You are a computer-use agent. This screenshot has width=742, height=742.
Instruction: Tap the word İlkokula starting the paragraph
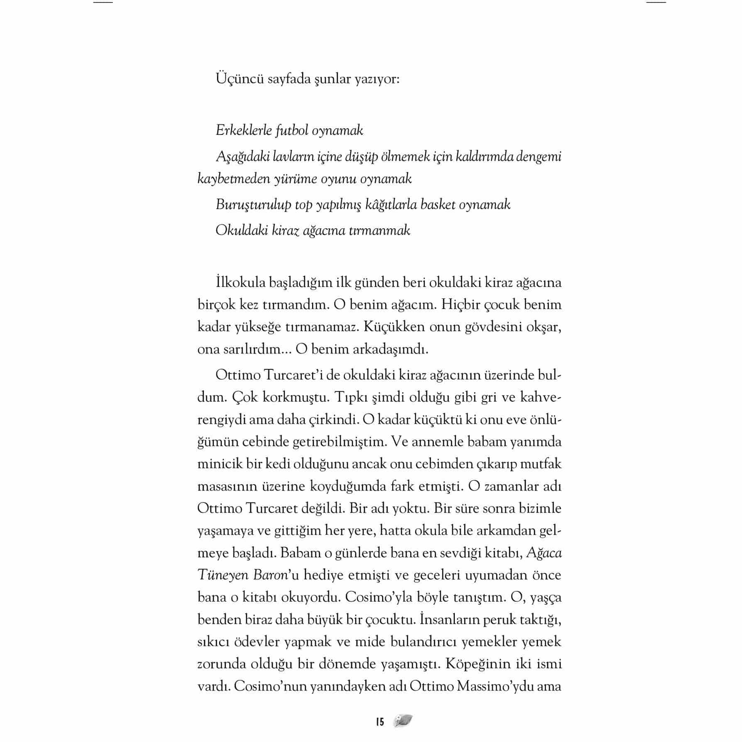pyautogui.click(x=240, y=283)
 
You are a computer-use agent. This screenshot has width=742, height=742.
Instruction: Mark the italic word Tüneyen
pyautogui.click(x=222, y=575)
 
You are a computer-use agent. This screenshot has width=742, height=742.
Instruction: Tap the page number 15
pyautogui.click(x=380, y=722)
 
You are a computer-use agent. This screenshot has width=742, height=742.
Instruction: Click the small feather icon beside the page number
pyautogui.click(x=403, y=721)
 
